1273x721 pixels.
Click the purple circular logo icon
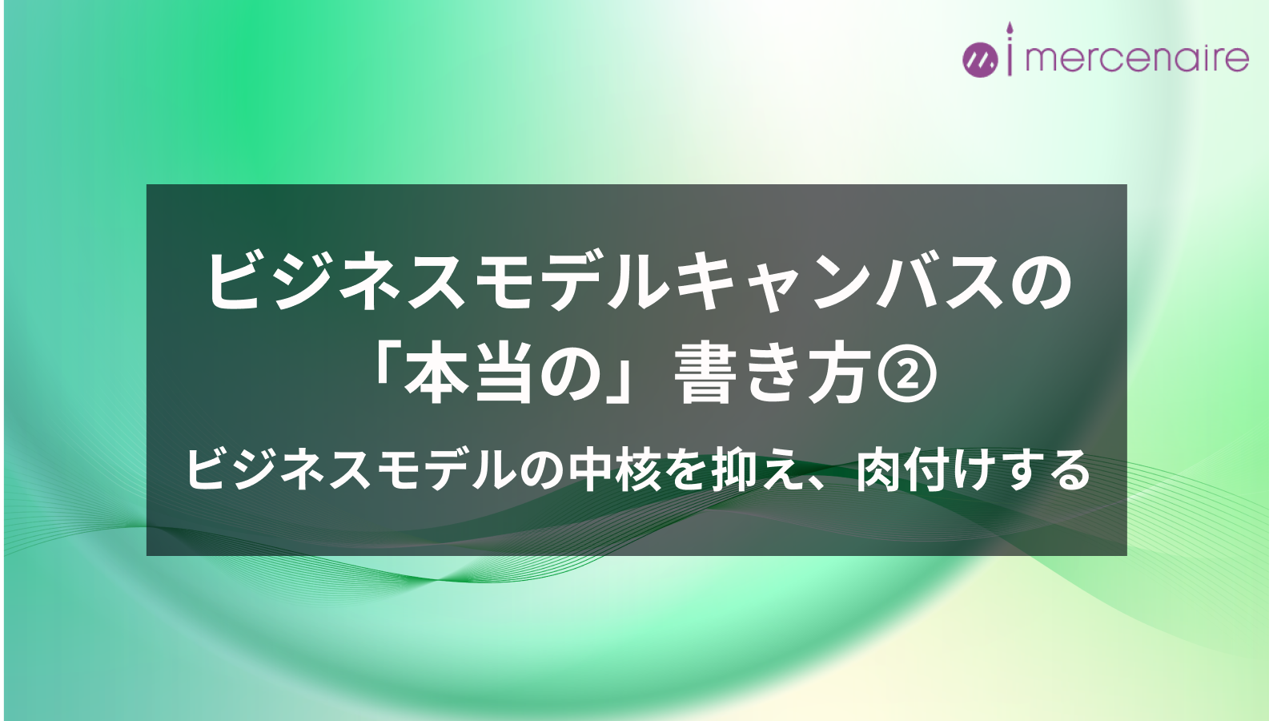click(x=980, y=60)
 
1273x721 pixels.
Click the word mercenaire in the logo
click(x=1137, y=58)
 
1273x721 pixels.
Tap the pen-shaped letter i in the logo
click(x=1010, y=49)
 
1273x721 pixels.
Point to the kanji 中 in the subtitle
click(x=593, y=470)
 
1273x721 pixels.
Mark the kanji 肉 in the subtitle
click(x=878, y=470)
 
